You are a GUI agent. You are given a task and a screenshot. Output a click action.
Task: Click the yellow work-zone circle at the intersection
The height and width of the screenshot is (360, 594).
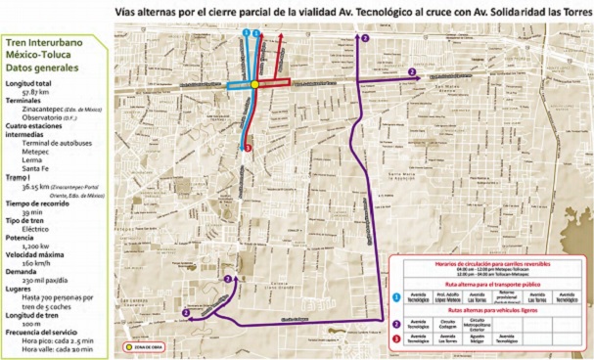(x=255, y=85)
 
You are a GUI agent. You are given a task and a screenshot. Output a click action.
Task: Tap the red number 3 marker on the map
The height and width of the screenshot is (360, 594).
(x=249, y=149)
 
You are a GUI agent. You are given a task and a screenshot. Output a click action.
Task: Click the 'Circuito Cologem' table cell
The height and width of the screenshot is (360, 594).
(x=448, y=323)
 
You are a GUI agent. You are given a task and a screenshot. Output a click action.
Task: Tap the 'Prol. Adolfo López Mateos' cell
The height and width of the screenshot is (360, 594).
(x=448, y=296)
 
